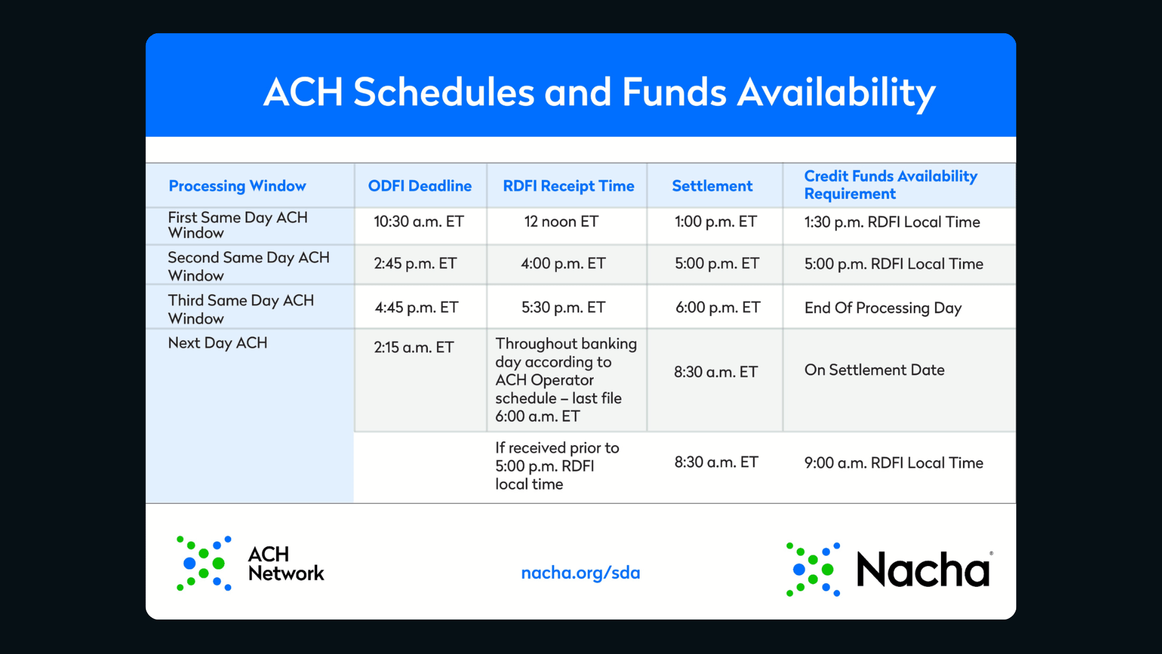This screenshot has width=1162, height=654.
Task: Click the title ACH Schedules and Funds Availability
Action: pyautogui.click(x=599, y=93)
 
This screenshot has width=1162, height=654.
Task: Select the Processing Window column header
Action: pyautogui.click(x=237, y=186)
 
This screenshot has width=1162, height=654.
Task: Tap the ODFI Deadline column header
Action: pyautogui.click(x=420, y=186)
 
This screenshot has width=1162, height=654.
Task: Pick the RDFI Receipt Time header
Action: pyautogui.click(x=568, y=186)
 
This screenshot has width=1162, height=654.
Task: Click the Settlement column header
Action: pyautogui.click(x=712, y=186)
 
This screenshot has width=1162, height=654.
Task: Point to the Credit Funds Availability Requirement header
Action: pyautogui.click(x=890, y=185)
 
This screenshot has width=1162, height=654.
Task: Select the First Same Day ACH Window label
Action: pyautogui.click(x=238, y=225)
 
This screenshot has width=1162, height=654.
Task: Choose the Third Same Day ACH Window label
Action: pyautogui.click(x=241, y=309)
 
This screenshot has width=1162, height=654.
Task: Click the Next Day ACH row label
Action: pyautogui.click(x=217, y=343)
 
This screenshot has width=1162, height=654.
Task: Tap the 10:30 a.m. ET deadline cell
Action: pyautogui.click(x=419, y=222)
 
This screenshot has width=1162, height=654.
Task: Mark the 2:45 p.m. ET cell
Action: pyautogui.click(x=415, y=263)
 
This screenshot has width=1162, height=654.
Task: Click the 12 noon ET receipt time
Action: pyautogui.click(x=561, y=222)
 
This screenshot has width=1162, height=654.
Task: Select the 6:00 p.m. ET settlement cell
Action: pyautogui.click(x=718, y=308)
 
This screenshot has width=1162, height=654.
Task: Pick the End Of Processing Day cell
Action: pyautogui.click(x=883, y=308)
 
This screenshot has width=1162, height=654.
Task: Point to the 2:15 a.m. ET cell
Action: pyautogui.click(x=413, y=348)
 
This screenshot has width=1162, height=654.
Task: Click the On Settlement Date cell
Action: pyautogui.click(x=875, y=370)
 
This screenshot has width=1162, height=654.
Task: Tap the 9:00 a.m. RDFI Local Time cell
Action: pyautogui.click(x=894, y=463)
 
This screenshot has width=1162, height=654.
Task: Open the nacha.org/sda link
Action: pyautogui.click(x=580, y=573)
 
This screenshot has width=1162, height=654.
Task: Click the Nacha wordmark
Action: pyautogui.click(x=924, y=570)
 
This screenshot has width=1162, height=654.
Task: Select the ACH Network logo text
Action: pyautogui.click(x=286, y=564)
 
